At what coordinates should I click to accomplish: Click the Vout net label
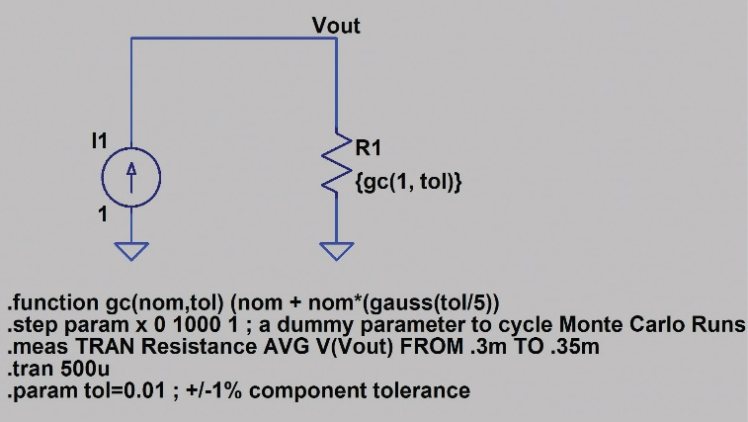pos(336,25)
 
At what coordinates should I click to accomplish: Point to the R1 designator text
pos(367,149)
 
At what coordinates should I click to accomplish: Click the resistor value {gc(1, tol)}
pos(408,183)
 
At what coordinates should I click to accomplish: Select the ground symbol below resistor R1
pos(338,250)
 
